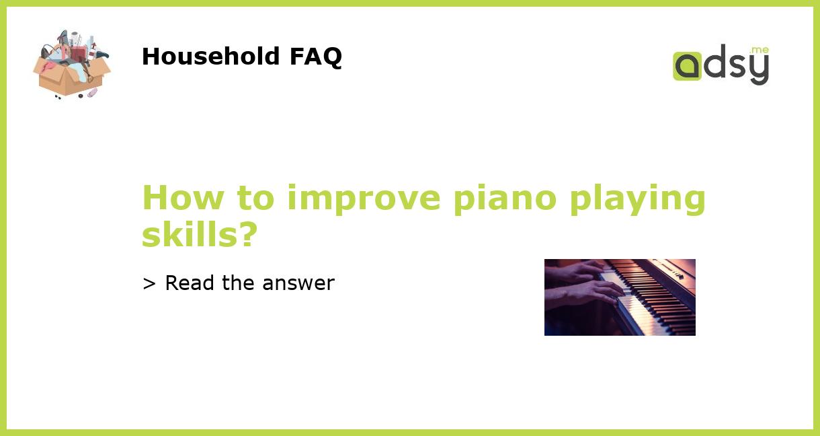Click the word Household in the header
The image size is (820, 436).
tap(211, 57)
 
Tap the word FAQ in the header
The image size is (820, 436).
tap(315, 57)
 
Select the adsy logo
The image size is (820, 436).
tap(721, 65)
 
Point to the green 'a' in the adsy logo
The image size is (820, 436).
tap(687, 67)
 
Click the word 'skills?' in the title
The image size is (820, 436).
tap(200, 235)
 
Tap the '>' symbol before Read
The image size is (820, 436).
tap(149, 283)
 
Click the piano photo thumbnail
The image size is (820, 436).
tap(620, 297)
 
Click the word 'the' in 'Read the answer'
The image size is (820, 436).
tap(239, 283)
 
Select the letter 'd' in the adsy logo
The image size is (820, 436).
tap(714, 63)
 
